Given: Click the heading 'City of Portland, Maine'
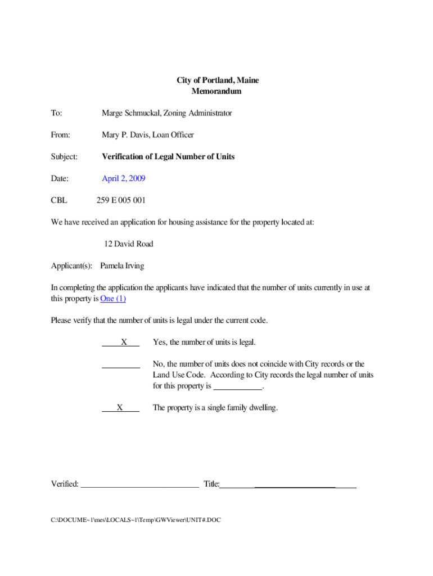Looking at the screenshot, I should (218, 80).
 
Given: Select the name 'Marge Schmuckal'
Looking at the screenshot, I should (130, 113).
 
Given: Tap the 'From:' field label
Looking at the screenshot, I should (60, 135).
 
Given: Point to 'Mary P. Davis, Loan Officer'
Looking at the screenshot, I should (147, 135).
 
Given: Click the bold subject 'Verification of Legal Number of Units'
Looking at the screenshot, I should (168, 156).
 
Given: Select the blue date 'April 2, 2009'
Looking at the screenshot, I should (123, 178).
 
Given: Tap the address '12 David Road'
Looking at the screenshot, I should (128, 244).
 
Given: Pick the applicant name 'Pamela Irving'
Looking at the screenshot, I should (121, 266).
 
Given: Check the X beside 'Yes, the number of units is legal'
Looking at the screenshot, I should (124, 342).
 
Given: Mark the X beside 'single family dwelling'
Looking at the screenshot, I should (120, 408).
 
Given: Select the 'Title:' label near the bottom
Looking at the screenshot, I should (211, 484).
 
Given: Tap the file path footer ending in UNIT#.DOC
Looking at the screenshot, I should (136, 520).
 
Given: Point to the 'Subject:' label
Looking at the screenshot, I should (64, 156).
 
